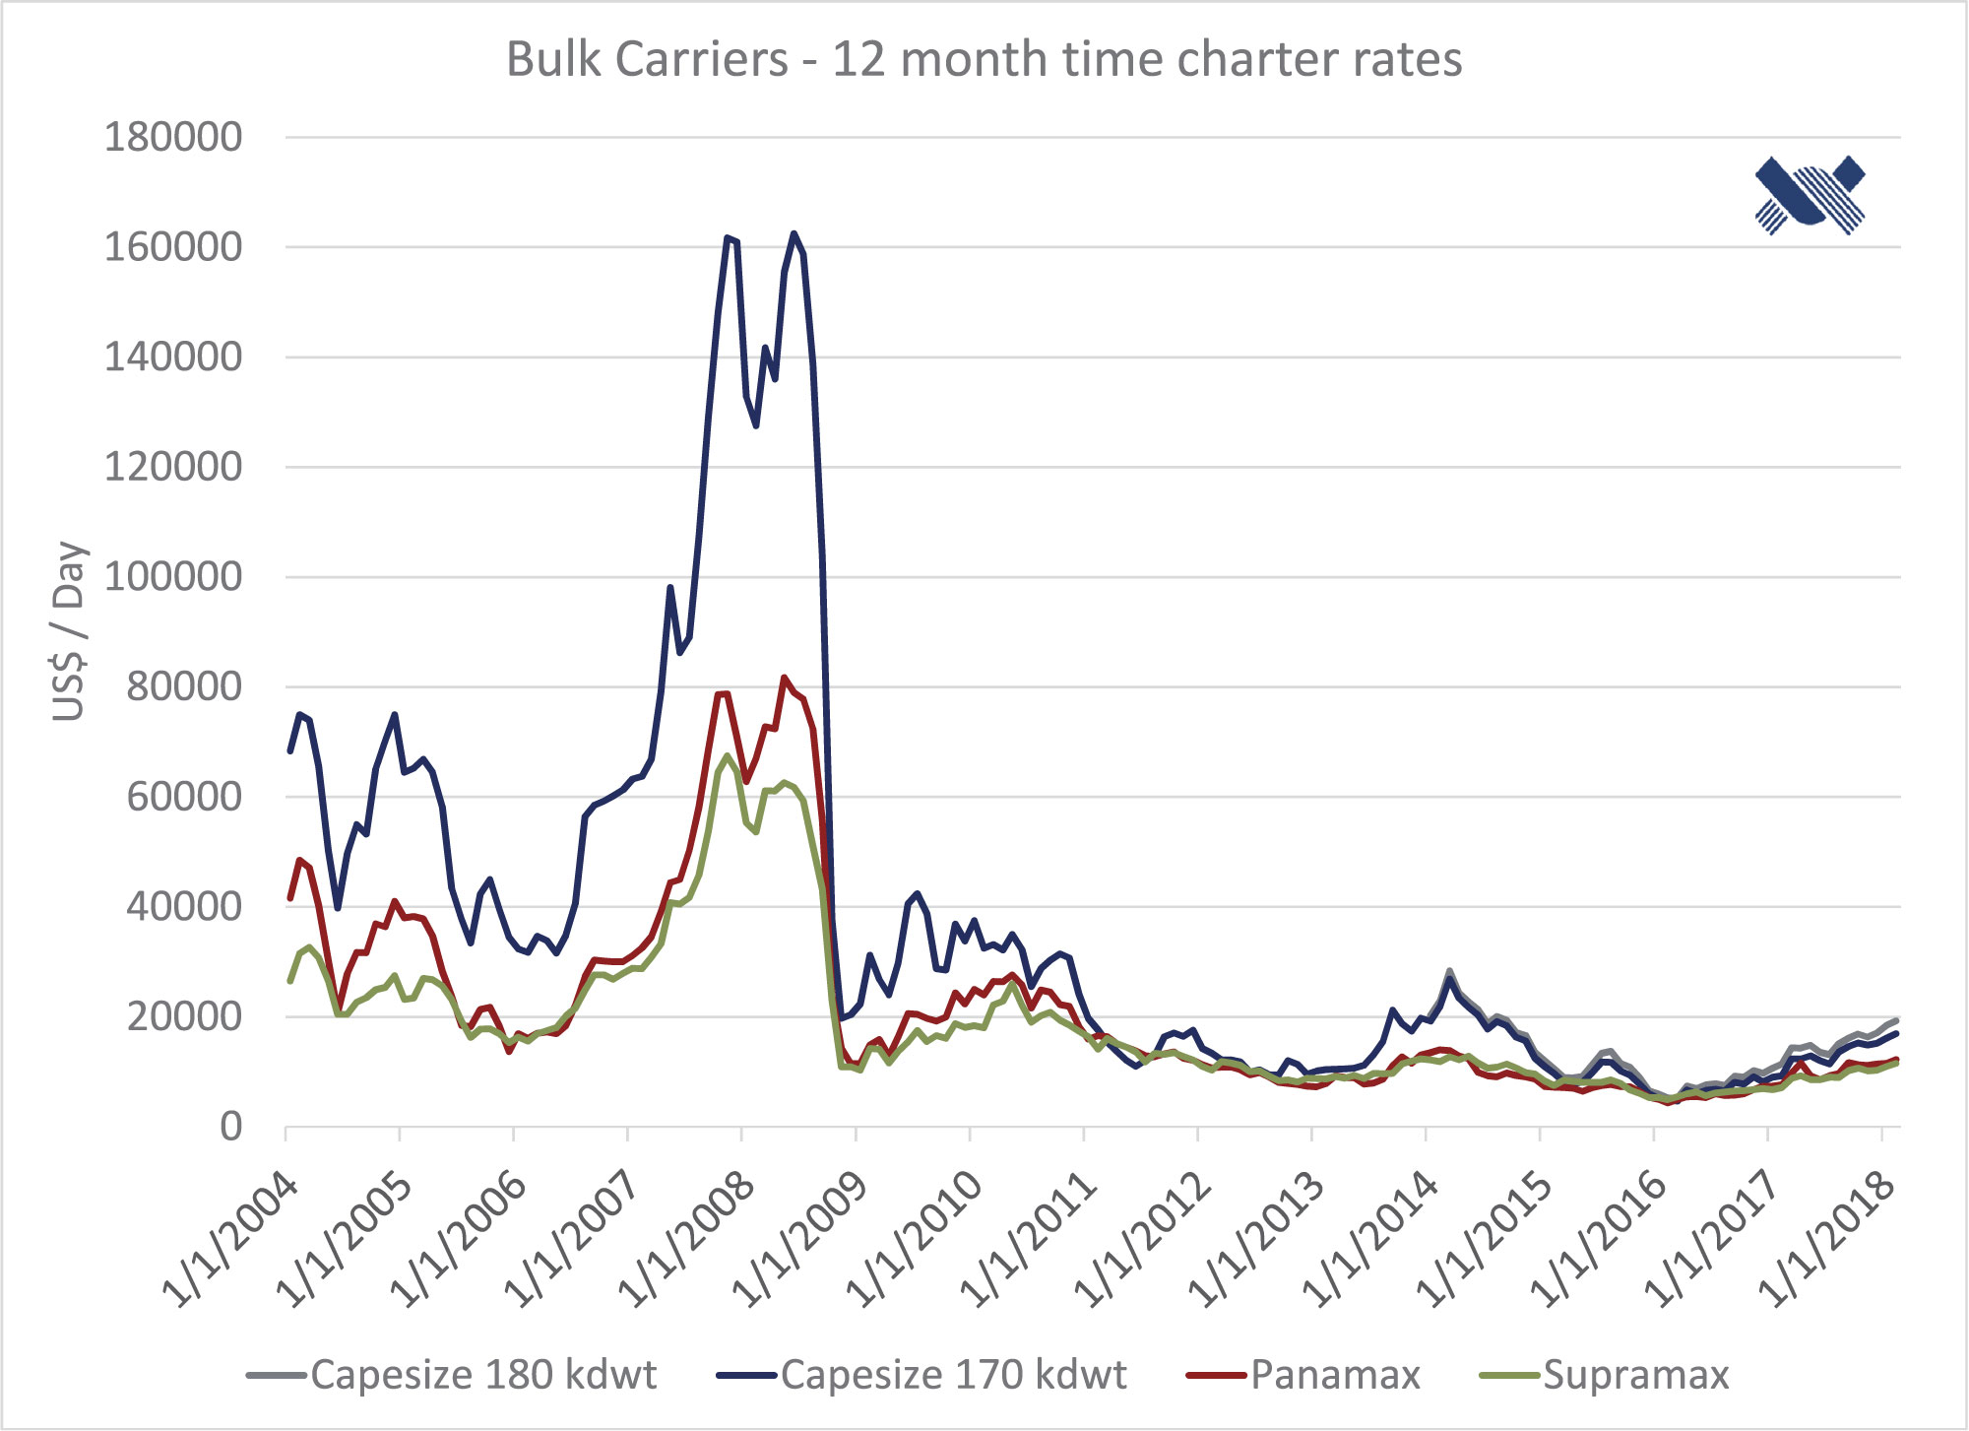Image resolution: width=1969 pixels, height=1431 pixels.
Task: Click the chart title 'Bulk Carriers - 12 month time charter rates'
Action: [984, 59]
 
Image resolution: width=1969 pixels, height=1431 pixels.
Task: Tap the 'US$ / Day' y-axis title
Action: [70, 630]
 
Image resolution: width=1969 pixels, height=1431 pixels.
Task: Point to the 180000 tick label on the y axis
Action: [173, 137]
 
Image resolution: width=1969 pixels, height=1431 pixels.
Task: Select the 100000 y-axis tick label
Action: [173, 576]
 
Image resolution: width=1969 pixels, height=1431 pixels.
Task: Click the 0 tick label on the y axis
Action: [230, 1126]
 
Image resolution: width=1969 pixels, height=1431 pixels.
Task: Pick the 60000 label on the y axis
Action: [184, 796]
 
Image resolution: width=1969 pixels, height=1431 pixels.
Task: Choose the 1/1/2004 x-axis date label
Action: [231, 1240]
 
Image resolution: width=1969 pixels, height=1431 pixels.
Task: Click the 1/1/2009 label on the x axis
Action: [801, 1240]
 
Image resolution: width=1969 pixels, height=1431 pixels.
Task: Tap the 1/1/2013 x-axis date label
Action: [1257, 1240]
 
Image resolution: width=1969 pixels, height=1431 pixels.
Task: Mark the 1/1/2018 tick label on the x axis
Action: [1827, 1240]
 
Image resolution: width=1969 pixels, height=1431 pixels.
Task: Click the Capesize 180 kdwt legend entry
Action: [453, 1375]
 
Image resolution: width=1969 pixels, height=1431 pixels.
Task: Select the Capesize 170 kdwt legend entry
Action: [922, 1375]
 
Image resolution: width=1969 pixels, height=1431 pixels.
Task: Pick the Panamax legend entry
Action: [1304, 1375]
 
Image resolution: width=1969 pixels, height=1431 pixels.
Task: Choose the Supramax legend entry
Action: [1606, 1375]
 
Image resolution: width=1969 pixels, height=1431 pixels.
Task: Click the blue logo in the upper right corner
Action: [1810, 194]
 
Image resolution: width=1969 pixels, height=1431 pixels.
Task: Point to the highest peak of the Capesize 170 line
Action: [794, 233]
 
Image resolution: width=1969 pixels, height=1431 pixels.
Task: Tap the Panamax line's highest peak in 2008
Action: [784, 678]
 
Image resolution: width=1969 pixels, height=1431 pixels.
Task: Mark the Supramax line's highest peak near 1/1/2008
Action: [728, 756]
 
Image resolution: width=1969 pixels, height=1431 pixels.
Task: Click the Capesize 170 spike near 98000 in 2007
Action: [670, 588]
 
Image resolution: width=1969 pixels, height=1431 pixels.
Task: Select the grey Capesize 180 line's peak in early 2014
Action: [1449, 971]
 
